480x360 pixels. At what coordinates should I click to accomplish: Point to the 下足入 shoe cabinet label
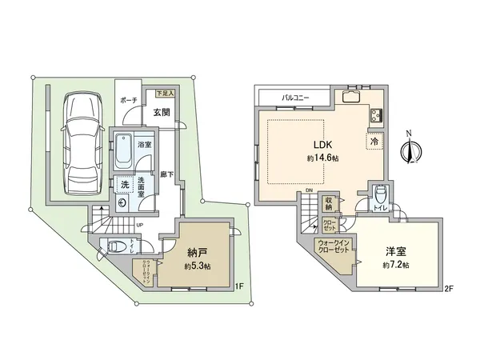pos(165,94)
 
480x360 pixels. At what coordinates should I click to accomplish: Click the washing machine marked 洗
pos(124,185)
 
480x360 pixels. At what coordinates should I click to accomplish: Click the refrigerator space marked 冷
pos(374,142)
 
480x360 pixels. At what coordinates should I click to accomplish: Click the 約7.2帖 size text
pos(394,265)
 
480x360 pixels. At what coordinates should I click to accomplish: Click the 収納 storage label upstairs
pos(330,204)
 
